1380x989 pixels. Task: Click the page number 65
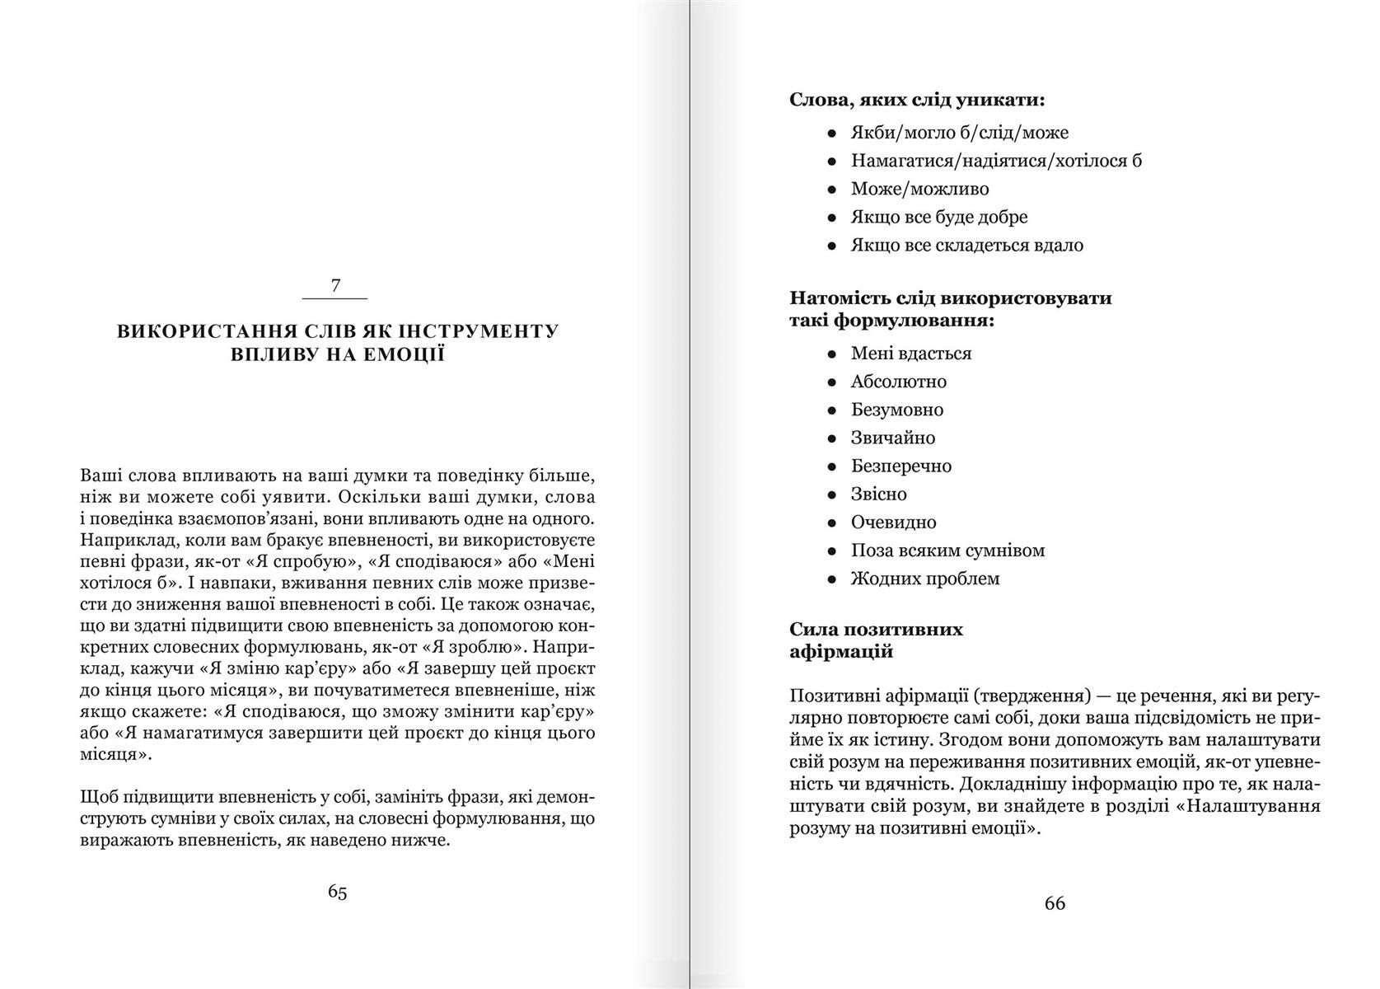(337, 892)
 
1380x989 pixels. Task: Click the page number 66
(1055, 903)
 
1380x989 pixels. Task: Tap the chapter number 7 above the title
(335, 286)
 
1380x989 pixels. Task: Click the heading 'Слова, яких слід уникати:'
(917, 101)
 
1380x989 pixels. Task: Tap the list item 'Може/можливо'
(919, 189)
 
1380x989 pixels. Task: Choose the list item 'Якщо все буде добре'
(939, 217)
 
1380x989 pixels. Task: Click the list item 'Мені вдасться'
(911, 354)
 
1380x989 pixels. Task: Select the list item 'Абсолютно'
(899, 382)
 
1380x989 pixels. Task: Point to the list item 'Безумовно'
(897, 410)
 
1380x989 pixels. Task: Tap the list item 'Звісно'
(878, 494)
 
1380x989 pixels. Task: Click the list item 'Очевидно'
(893, 522)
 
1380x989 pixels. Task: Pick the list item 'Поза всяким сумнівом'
(947, 550)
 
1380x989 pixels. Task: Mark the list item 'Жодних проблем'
(925, 579)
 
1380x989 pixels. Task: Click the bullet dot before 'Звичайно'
(832, 438)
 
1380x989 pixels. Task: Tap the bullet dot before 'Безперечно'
(832, 466)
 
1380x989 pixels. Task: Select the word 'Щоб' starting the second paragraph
(98, 798)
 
